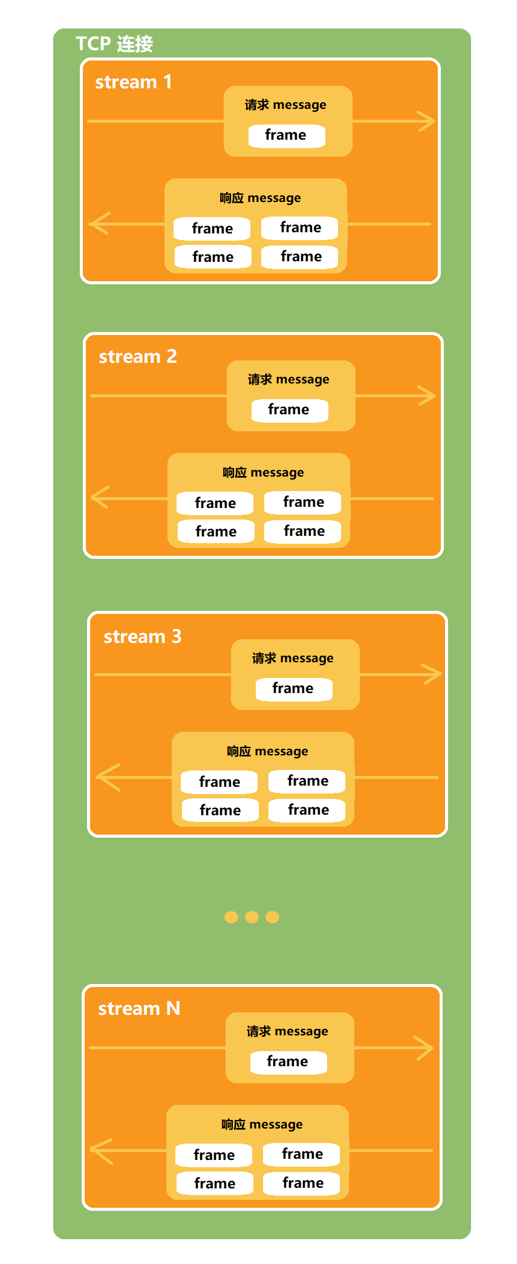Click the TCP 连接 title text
[x=114, y=44]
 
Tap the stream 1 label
[x=133, y=82]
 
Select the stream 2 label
[x=137, y=356]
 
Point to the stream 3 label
[x=142, y=636]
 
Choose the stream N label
[x=139, y=1008]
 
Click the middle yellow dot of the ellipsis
[x=252, y=917]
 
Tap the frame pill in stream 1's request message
[x=286, y=135]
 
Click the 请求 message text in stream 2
[x=288, y=379]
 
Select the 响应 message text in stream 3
[x=267, y=751]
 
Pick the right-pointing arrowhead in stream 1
[x=429, y=121]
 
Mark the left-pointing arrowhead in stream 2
[x=99, y=498]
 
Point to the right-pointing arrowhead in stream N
[x=426, y=1047]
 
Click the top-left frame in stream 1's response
[x=212, y=229]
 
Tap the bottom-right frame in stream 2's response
[x=304, y=531]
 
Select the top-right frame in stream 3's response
[x=307, y=781]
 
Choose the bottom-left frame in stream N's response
[x=215, y=1184]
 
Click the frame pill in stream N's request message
[x=288, y=1061]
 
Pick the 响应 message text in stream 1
[x=260, y=198]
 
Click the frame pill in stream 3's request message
[x=293, y=688]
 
